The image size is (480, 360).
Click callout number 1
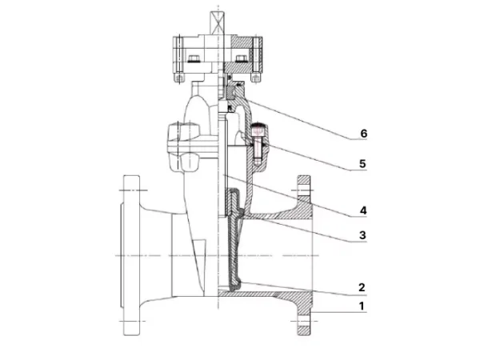pos(362,306)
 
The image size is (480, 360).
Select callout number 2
pos(362,287)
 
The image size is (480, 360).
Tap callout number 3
pos(362,235)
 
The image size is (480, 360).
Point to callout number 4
pos(362,210)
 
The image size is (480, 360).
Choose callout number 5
pos(362,163)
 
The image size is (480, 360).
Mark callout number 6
pos(364,134)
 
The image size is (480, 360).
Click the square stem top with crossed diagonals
pos(217,22)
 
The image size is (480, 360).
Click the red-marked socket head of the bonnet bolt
pos(258,130)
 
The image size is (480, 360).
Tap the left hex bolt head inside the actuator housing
pos(194,58)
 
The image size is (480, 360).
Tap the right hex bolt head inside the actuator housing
pos(242,58)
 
